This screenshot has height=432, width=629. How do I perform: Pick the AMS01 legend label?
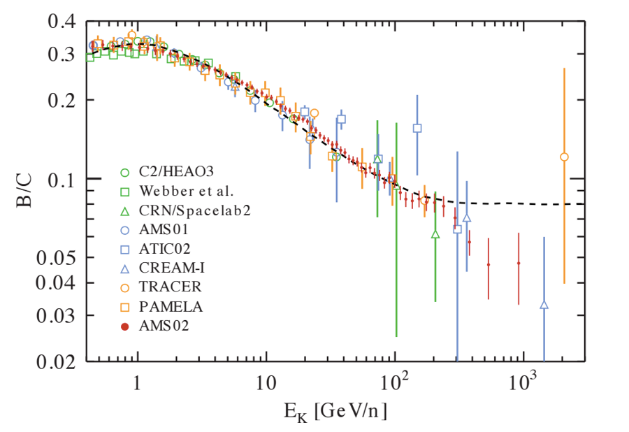[163, 229]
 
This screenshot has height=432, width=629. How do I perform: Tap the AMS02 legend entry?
[163, 325]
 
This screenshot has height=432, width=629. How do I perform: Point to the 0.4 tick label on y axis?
[61, 22]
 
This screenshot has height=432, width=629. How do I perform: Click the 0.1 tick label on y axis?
[61, 180]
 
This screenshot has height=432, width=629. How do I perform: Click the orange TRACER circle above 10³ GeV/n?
[564, 157]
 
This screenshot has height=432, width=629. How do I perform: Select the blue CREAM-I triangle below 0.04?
[544, 305]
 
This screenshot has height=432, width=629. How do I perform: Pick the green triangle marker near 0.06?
[435, 235]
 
